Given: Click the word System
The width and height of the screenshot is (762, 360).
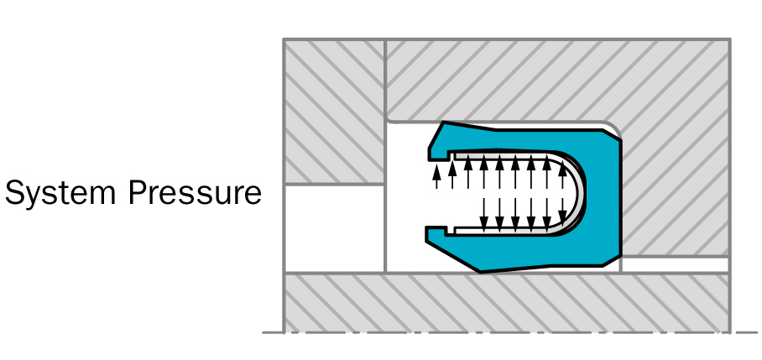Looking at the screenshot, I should coord(62,194).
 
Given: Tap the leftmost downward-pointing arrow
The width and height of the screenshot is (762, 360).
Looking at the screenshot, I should coord(483,211).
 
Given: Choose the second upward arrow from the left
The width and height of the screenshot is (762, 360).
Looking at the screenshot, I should coord(452,171).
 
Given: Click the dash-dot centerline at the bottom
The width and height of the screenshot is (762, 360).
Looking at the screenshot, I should coord(504,333).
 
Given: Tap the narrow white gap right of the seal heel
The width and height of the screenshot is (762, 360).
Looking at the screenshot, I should coord(676,264).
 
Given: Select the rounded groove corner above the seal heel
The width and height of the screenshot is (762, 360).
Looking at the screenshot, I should coord(611,128).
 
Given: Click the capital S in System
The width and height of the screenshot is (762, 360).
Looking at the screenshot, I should coord(14,194).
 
